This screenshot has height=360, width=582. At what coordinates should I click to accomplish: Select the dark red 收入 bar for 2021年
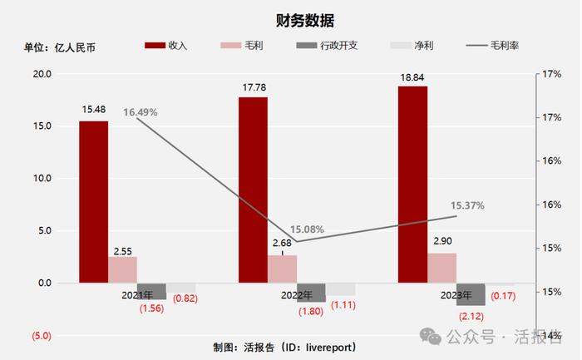pos(93,201)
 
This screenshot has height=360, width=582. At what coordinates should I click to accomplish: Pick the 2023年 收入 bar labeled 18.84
pos(412,185)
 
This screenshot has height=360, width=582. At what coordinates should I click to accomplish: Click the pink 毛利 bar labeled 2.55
pos(122,269)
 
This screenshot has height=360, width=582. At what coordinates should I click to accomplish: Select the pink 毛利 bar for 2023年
pos(441,268)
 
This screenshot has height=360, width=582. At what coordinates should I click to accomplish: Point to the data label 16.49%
pos(141,112)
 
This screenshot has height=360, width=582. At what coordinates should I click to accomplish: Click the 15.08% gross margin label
pos(306,229)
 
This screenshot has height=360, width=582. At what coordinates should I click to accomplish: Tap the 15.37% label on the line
pos(466,205)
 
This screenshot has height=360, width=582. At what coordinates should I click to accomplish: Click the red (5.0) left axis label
pos(42,336)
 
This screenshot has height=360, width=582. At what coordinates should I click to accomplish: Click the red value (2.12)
pos(470,315)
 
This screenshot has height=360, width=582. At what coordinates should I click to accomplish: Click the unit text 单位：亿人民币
pos(59,47)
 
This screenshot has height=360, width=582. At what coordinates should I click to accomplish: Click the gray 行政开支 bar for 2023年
pos(471,293)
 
